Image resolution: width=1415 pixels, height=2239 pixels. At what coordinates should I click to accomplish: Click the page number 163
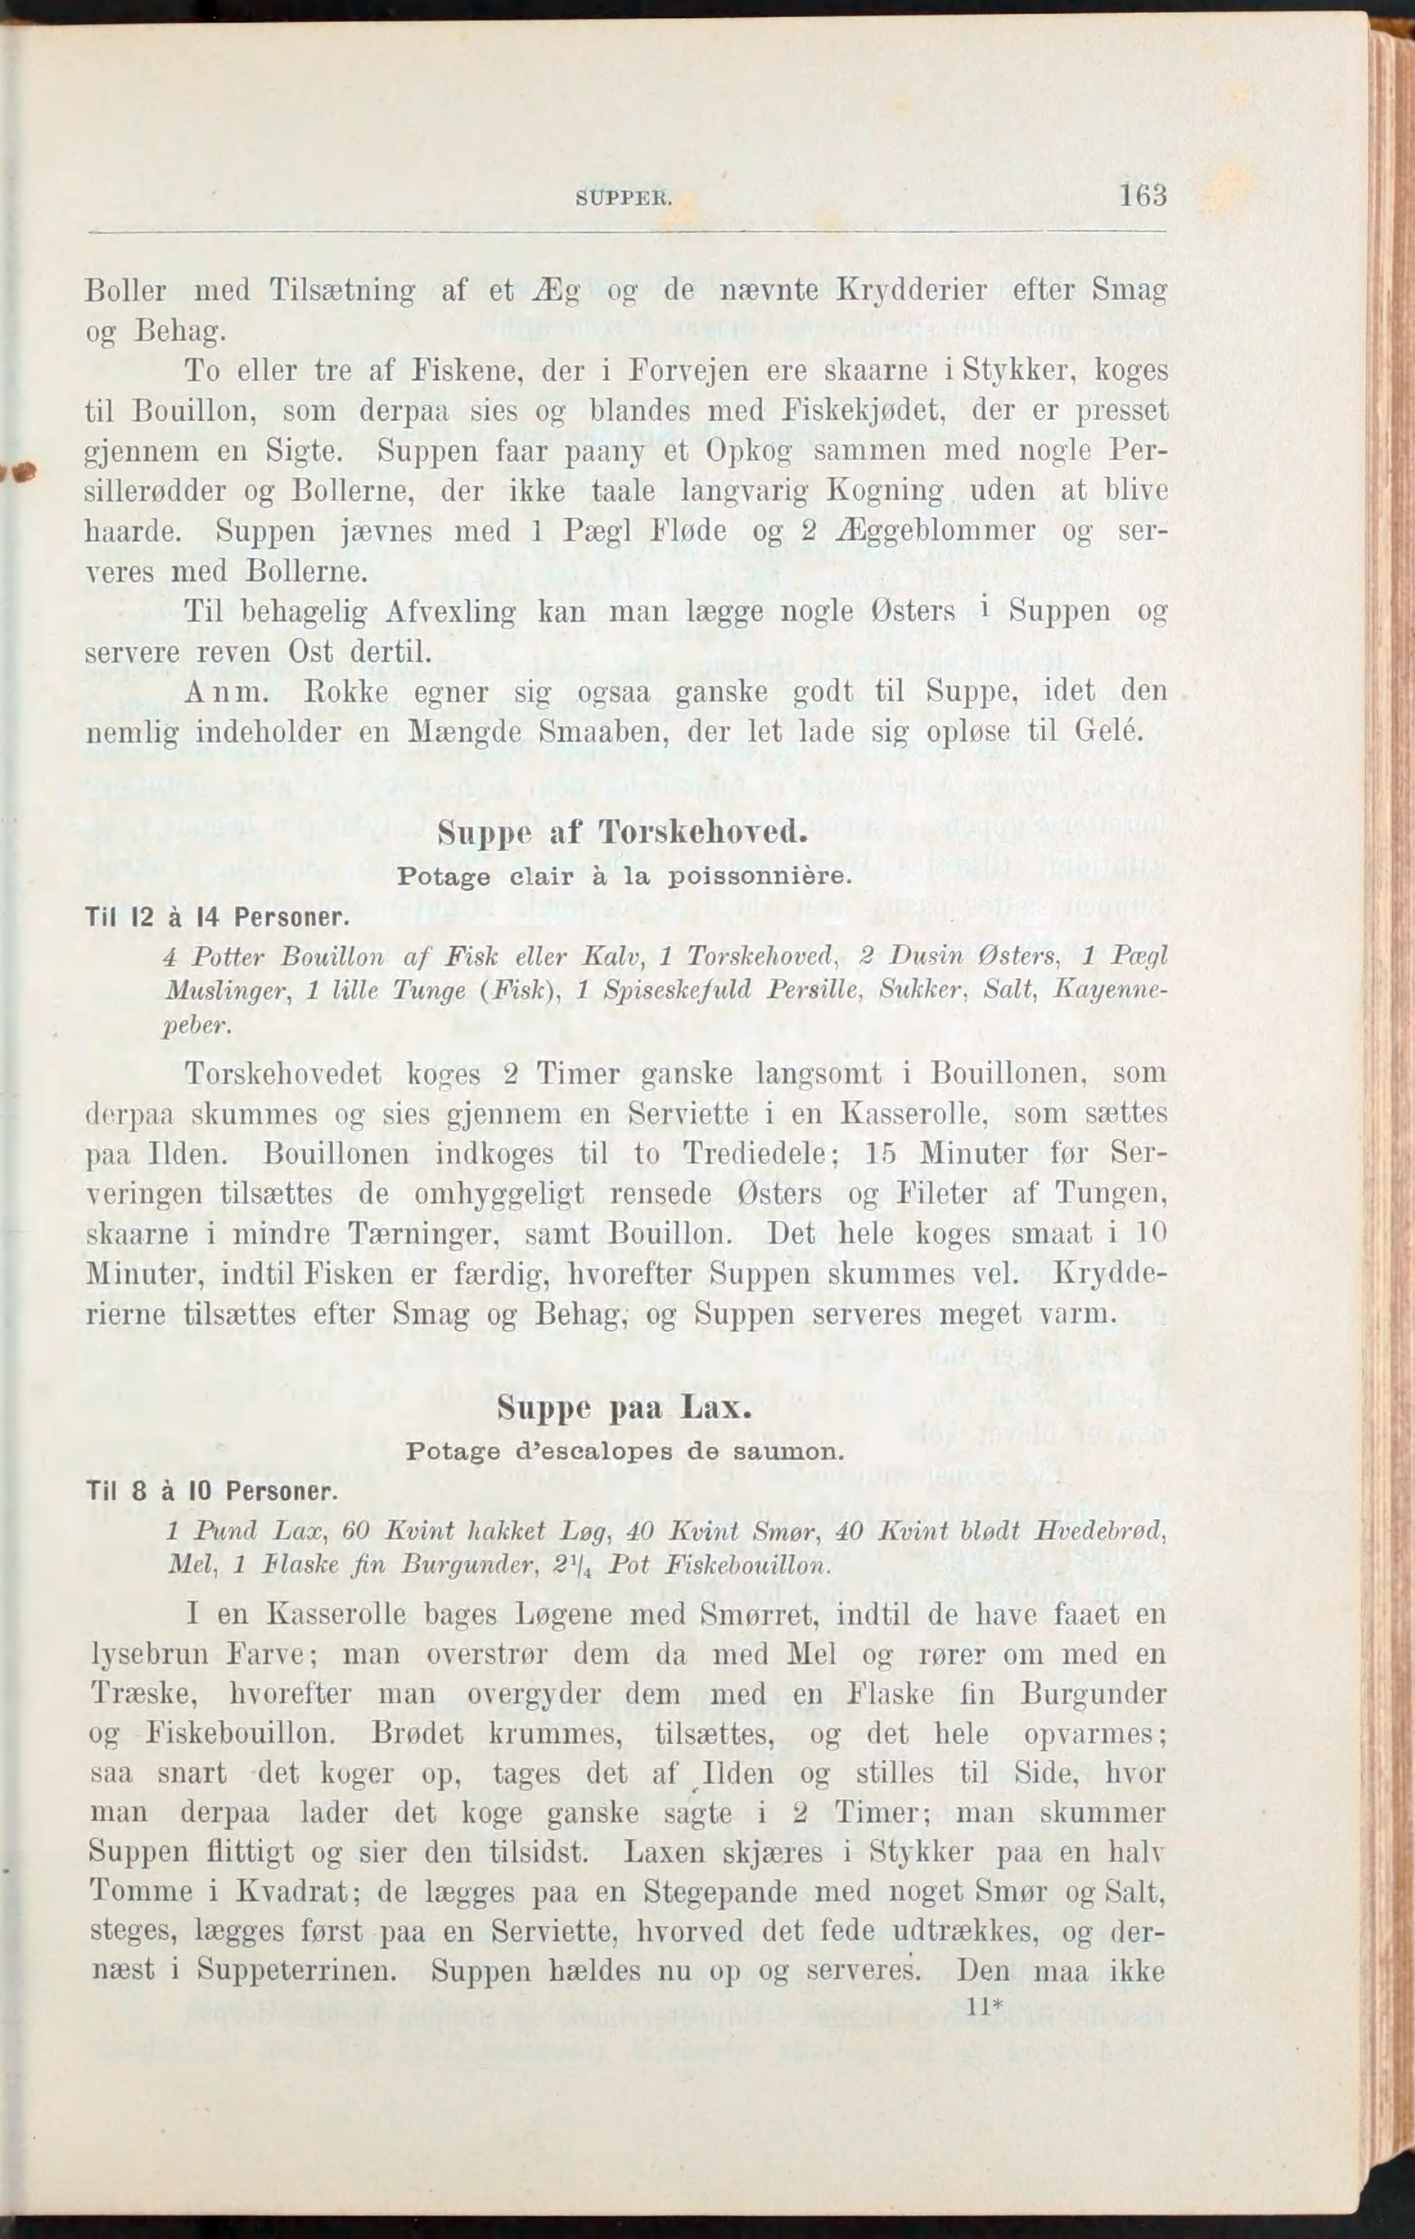coord(1142,197)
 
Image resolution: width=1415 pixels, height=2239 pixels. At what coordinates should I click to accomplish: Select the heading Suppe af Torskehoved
coord(622,832)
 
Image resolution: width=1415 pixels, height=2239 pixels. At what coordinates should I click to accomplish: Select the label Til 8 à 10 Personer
coord(210,1493)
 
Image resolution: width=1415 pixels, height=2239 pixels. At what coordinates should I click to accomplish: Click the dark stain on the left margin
coord(17,472)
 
